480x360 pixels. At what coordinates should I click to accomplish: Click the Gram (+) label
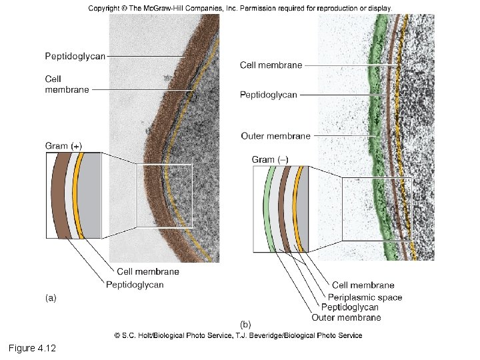[x=64, y=145]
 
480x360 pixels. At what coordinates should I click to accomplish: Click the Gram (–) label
[x=269, y=159]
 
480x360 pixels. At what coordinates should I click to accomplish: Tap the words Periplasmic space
[x=365, y=297]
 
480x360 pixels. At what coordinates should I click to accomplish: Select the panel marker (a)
[x=51, y=298]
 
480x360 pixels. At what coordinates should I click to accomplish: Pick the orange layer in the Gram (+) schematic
[x=79, y=195]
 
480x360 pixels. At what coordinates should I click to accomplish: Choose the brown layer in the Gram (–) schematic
[x=284, y=209]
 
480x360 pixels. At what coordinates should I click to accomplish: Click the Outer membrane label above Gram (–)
[x=275, y=136]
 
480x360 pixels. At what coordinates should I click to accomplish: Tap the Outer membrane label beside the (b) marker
[x=346, y=317]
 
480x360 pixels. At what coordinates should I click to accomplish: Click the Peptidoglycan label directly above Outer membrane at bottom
[x=349, y=307]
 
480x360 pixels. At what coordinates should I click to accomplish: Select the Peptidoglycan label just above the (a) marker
[x=135, y=285]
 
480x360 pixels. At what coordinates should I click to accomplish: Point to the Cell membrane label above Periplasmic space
[x=363, y=285]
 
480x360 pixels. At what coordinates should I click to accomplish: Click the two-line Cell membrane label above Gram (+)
[x=67, y=85]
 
